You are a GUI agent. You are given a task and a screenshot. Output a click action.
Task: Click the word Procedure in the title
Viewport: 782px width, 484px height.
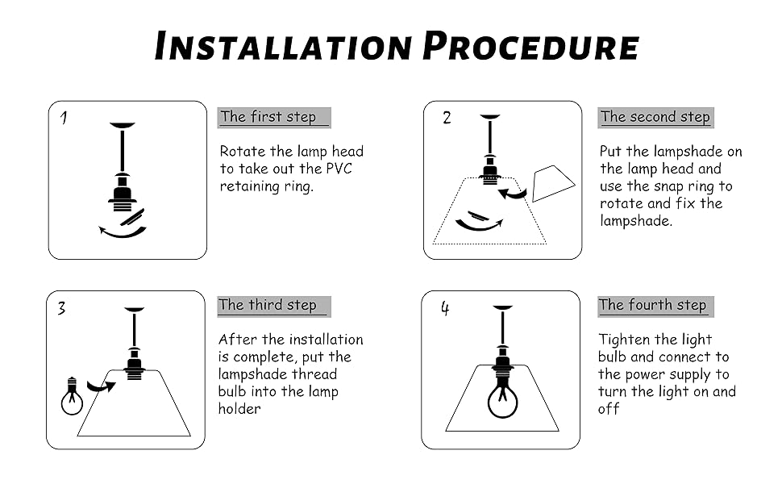coord(531,46)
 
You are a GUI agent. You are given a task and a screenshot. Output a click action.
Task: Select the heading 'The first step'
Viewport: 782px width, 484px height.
coord(268,117)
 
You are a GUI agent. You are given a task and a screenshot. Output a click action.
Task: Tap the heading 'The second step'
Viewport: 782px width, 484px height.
coord(655,117)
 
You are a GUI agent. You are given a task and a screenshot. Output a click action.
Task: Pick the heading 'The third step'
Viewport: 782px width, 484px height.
coord(268,305)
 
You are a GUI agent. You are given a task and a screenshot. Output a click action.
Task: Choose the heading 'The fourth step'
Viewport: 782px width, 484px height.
coord(653,305)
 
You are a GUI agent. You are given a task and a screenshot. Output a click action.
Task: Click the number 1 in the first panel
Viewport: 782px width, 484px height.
coord(64,119)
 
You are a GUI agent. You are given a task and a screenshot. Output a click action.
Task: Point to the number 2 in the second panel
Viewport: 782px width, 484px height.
coord(447,119)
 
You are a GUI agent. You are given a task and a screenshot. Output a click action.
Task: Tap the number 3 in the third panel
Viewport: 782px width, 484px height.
coord(61,308)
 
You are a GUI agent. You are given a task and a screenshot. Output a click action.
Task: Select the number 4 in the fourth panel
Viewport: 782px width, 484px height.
coord(444,308)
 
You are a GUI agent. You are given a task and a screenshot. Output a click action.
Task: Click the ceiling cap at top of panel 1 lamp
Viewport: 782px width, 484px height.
coord(123,125)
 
